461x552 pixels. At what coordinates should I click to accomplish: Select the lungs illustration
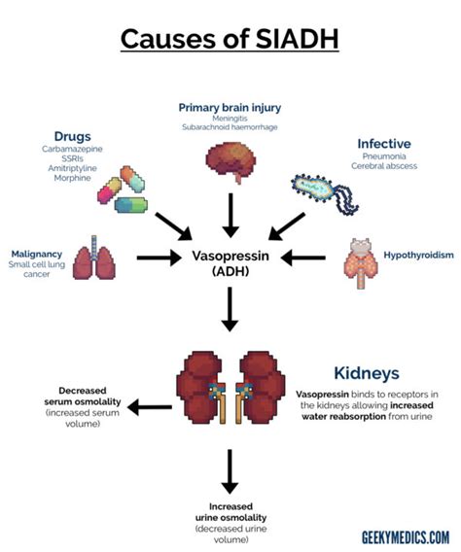pyautogui.click(x=94, y=257)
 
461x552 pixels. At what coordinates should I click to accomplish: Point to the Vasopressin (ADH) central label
pyautogui.click(x=230, y=264)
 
